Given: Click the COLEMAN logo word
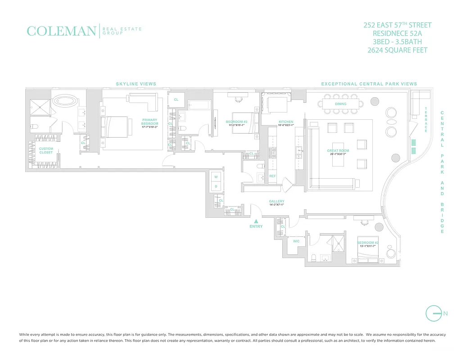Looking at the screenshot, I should (61, 31).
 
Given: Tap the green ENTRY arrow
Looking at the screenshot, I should (256, 221).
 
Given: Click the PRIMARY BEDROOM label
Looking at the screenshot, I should (149, 121).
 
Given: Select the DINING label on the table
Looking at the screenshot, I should (341, 104).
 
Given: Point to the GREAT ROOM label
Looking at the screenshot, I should (338, 151).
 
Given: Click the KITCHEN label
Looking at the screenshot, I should (286, 122).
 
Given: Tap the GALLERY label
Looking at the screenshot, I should (276, 201).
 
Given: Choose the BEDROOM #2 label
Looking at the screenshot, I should (368, 243).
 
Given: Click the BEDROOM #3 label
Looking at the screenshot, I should (236, 121).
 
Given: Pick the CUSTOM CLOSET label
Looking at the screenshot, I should (46, 150).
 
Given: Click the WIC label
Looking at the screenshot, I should (296, 241).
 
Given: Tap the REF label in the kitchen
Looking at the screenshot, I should (272, 176).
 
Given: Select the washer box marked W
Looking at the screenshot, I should (216, 177).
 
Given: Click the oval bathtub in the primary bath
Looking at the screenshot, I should (66, 100).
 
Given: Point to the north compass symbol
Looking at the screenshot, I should (433, 313).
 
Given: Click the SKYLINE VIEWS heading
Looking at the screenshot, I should (136, 84).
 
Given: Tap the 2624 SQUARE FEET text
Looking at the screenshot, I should (398, 50).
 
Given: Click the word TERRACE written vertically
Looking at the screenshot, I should (426, 119).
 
